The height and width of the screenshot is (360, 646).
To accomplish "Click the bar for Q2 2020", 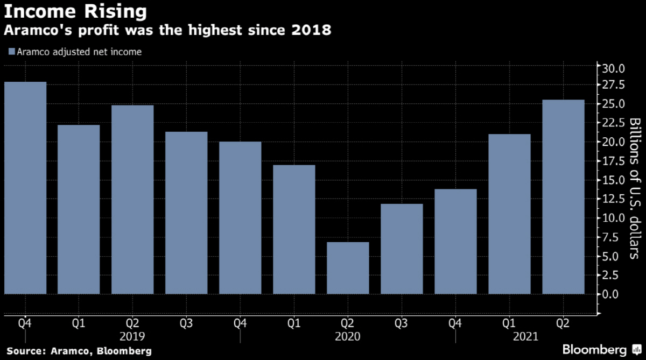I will pos(348,268).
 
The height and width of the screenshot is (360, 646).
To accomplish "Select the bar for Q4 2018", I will pos(25,188).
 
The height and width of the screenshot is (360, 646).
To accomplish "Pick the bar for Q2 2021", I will pos(563,197).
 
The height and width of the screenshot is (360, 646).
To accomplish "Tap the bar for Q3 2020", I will pos(402,249).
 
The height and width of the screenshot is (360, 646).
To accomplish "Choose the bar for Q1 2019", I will pos(79,209).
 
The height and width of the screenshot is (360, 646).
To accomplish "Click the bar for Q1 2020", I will pos(294,229).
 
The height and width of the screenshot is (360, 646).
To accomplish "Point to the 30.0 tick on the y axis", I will pos(613,69).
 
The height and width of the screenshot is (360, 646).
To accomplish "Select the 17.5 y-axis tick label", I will pos(613,161).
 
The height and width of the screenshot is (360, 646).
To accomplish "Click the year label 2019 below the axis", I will pos(132,337).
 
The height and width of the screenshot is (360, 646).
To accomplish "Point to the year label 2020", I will pos(348,337).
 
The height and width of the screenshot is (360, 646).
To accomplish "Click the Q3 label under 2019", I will pos(186,324).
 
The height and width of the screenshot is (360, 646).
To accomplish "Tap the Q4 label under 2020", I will pos(455,324).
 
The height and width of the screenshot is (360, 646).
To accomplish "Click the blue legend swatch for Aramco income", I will pos(11,52).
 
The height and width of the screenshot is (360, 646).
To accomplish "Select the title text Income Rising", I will pos(75,11).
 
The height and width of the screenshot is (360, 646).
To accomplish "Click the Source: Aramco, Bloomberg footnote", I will pos(79,351).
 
